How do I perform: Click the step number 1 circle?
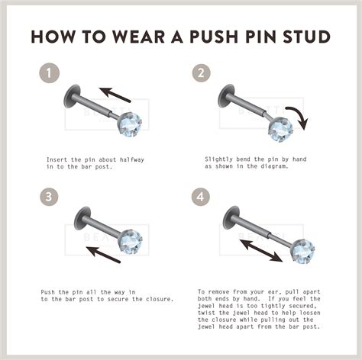[49, 73]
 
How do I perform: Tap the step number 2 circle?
[201, 73]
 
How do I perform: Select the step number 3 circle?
[49, 197]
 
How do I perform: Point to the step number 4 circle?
[201, 197]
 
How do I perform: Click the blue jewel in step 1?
[130, 125]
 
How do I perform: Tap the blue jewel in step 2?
[280, 129]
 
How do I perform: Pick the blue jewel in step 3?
[131, 242]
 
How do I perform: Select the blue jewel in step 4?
[303, 252]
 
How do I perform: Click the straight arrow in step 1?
[115, 95]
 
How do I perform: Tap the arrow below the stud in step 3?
[103, 255]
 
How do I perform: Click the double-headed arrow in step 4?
[261, 250]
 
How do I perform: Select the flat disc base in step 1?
[72, 96]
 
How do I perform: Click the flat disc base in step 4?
[231, 217]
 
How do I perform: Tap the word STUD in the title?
[306, 37]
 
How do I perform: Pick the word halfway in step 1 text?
[132, 159]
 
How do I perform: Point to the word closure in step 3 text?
[160, 299]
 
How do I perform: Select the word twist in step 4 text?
[206, 313]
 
